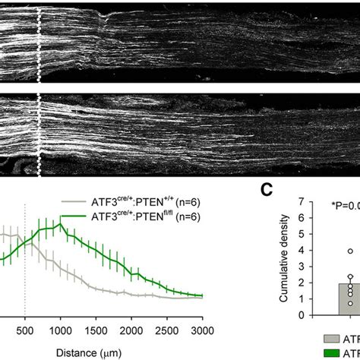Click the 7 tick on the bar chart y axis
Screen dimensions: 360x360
302,202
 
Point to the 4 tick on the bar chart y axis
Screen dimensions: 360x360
302,251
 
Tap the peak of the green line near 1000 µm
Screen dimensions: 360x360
61,225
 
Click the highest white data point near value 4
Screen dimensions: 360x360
328,251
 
